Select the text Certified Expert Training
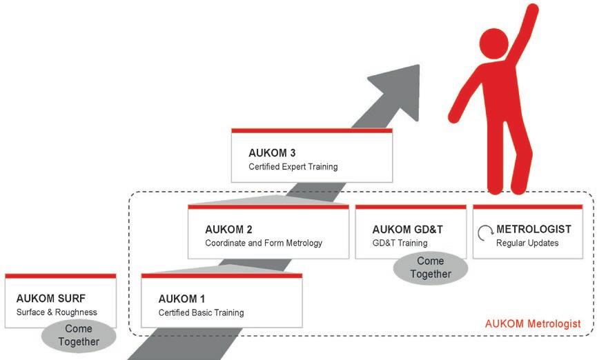pyautogui.click(x=293, y=167)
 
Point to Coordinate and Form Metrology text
pyautogui.click(x=264, y=243)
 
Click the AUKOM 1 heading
pyautogui.click(x=182, y=299)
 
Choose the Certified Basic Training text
pyautogui.click(x=201, y=312)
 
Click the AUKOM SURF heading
pyautogui.click(x=50, y=299)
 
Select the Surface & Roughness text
pyautogui.click(x=57, y=312)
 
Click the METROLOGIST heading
pyautogui.click(x=534, y=229)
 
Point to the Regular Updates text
pyautogui.click(x=527, y=243)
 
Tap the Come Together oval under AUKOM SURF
pyautogui.click(x=78, y=336)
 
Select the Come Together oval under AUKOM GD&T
pyautogui.click(x=430, y=268)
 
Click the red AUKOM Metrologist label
pyautogui.click(x=532, y=323)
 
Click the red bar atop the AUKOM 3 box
pyautogui.click(x=312, y=130)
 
